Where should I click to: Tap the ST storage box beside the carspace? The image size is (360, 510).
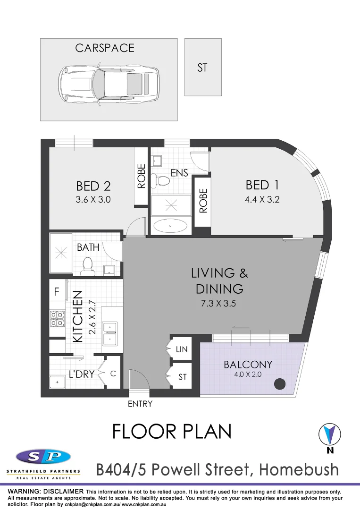coord(202,68)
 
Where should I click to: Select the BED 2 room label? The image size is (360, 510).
coord(93,186)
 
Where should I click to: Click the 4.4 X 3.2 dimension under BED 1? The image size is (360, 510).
coord(262,199)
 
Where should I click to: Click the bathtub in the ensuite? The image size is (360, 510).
coord(170,226)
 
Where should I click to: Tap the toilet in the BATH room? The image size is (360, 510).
coord(87,267)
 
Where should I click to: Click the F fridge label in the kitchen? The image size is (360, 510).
coord(57,292)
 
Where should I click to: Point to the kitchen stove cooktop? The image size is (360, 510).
coord(57,319)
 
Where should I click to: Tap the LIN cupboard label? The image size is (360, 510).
coord(182,349)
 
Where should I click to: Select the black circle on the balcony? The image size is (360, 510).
coord(281,384)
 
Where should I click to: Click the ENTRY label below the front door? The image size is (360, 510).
coord(140,404)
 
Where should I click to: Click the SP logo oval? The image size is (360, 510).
coord(43,457)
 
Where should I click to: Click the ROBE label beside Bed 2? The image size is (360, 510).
coord(141,177)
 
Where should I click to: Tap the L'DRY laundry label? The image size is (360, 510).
coord(82,374)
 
